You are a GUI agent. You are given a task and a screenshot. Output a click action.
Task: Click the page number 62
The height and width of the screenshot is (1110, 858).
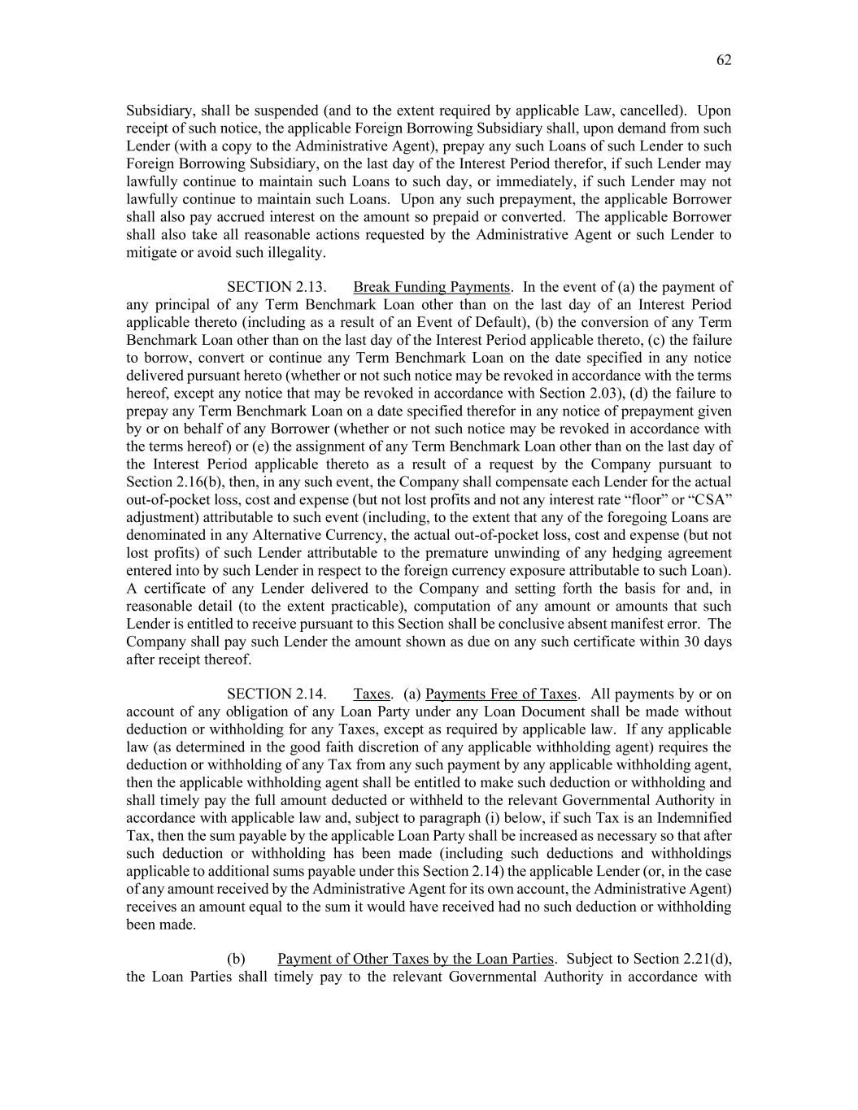[x=724, y=60]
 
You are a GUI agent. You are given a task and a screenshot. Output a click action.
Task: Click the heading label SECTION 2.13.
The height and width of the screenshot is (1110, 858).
[x=277, y=287]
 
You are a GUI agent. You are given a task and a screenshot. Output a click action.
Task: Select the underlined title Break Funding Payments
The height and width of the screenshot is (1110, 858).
[x=432, y=287]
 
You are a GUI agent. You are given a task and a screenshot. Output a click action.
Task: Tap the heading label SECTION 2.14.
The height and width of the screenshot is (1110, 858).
[x=277, y=694]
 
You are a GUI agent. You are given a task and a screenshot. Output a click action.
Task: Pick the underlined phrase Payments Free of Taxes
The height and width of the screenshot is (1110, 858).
[x=501, y=694]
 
